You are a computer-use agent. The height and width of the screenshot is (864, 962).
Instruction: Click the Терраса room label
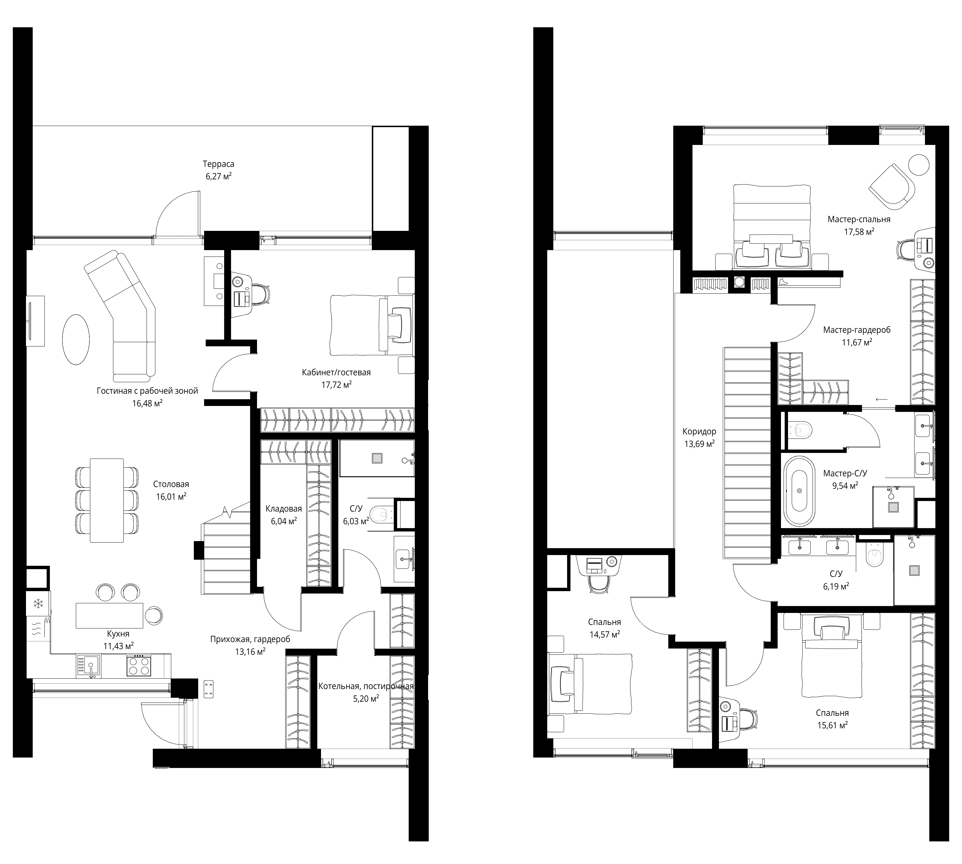point(218,164)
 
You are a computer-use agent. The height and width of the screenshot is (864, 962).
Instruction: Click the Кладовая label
point(283,509)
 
